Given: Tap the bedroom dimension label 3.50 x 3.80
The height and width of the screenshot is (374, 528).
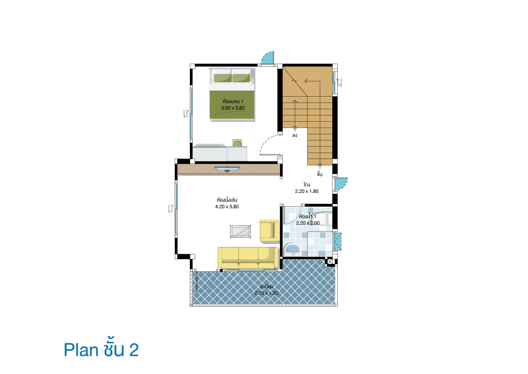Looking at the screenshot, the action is tap(232, 108).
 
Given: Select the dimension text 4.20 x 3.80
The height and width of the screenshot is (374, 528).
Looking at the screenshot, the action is tap(227, 207).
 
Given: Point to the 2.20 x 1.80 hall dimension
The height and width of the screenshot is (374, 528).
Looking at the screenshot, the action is tap(307, 191).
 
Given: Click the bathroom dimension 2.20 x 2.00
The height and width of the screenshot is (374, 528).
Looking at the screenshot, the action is tap(308, 223).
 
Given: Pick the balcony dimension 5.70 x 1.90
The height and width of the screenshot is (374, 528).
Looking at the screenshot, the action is tap(266, 293).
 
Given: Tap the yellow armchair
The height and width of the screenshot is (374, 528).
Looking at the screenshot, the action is tap(269, 231).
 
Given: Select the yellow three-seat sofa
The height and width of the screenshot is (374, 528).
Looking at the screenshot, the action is tap(248, 257).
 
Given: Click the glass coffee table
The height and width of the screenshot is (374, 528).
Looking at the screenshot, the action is tap(240, 232).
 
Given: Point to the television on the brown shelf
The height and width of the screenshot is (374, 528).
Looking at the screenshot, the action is tap(227, 169).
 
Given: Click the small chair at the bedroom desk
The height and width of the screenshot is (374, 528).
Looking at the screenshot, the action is tap(237, 143).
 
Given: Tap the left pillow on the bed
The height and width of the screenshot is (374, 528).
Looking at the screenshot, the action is tap(222, 76).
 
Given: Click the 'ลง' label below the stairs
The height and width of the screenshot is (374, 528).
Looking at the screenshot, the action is tap(294, 135).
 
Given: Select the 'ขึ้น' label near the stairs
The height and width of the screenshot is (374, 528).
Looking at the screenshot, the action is tap(319, 174).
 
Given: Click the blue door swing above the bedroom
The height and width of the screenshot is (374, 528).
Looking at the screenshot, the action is tap(268, 57).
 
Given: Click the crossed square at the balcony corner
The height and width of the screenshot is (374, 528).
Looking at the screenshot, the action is tap(330, 262).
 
